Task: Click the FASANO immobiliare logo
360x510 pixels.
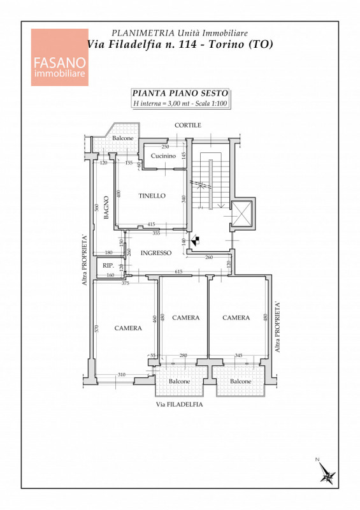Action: click(59, 57)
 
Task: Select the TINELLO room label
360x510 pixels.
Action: click(152, 196)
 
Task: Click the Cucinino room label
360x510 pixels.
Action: click(163, 156)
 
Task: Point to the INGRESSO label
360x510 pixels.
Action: click(155, 252)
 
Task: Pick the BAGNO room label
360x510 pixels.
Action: click(106, 207)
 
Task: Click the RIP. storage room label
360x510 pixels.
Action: click(108, 265)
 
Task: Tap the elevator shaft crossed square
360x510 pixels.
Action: click(243, 213)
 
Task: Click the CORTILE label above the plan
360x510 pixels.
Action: click(187, 125)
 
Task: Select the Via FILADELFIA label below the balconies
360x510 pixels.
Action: click(179, 405)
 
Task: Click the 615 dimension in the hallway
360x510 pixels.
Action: click(178, 272)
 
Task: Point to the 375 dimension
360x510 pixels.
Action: click(125, 283)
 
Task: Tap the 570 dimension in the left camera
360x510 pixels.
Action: click(96, 328)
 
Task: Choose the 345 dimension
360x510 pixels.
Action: click(238, 356)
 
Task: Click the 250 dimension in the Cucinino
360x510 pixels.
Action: click(165, 147)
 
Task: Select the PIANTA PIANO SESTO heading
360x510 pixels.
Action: click(180, 93)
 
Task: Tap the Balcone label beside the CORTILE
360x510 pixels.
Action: click(123, 138)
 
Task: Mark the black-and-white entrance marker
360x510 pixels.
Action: click(195, 241)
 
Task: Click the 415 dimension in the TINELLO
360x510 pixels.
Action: click(151, 224)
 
